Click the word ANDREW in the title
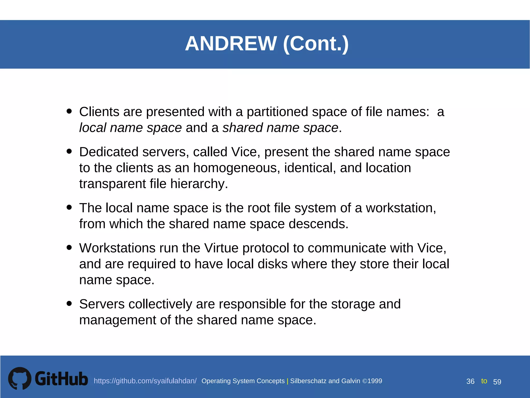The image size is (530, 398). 231,44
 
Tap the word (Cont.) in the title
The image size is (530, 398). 316,44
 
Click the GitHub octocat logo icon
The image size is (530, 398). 20,378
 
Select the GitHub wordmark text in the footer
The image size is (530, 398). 61,379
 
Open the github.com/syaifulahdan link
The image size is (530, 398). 145,381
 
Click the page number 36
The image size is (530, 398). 470,381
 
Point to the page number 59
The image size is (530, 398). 497,382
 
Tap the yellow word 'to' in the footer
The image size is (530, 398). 484,381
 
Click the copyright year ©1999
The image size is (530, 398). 372,381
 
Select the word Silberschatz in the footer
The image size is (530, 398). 308,381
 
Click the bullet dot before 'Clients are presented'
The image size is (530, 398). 69,111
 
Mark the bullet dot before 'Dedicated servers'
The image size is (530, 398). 69,151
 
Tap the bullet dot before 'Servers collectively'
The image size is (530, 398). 69,303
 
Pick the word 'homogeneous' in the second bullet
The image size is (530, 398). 237,168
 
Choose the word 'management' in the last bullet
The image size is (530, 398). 117,320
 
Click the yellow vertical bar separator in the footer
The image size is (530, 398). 288,381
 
